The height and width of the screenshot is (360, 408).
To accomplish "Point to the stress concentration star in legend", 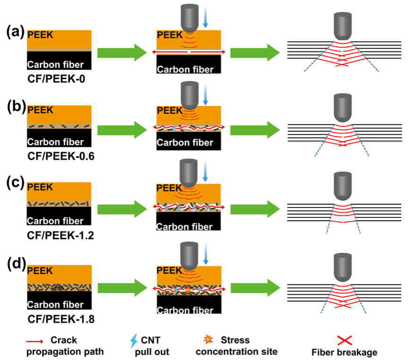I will pyautogui.click(x=205, y=339).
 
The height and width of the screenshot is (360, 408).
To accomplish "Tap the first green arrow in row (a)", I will pyautogui.click(x=122, y=52).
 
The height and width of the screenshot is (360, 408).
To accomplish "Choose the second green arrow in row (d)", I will pyautogui.click(x=254, y=287).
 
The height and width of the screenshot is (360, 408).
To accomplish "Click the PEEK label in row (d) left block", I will pyautogui.click(x=39, y=271).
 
